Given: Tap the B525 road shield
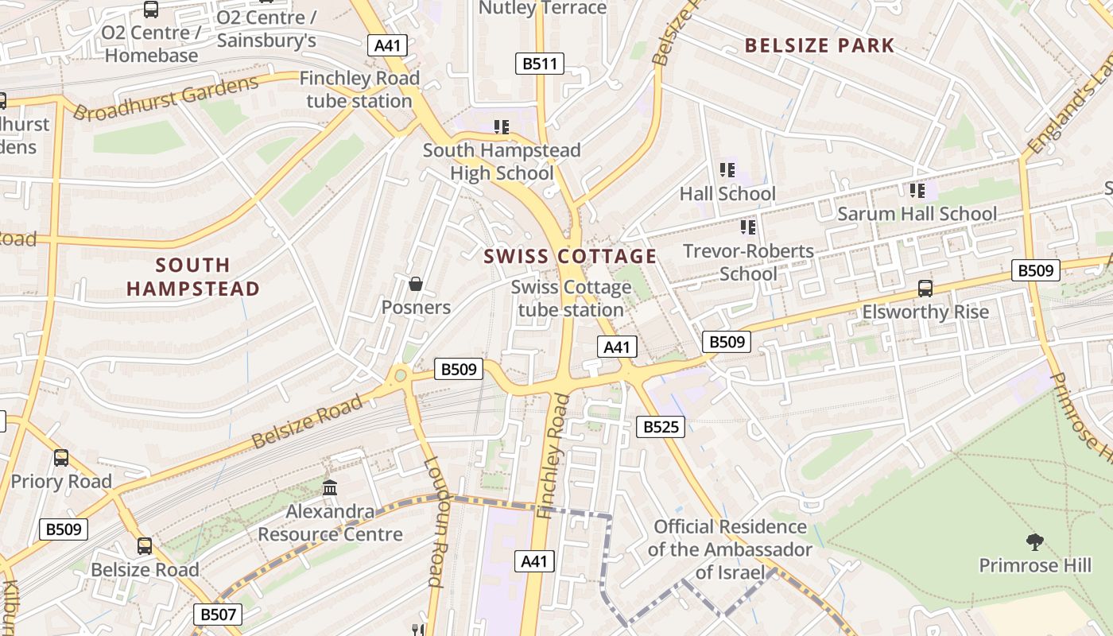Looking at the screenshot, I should pyautogui.click(x=661, y=427).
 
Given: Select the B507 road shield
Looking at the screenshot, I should pyautogui.click(x=217, y=614).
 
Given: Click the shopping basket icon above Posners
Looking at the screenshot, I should pyautogui.click(x=415, y=284).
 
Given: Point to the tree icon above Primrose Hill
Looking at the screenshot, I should pyautogui.click(x=1034, y=542).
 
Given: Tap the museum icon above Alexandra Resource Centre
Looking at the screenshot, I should pyautogui.click(x=329, y=487).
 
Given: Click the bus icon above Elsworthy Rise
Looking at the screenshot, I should pyautogui.click(x=925, y=288).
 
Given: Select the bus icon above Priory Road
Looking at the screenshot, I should pyautogui.click(x=61, y=458).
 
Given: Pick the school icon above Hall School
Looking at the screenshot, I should pyautogui.click(x=727, y=169).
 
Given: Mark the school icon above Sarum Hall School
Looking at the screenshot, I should pyautogui.click(x=917, y=190).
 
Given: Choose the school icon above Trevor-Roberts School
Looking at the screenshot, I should pyautogui.click(x=747, y=227).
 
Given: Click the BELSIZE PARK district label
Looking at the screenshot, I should pyautogui.click(x=820, y=45).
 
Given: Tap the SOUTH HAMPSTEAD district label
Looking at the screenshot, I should pyautogui.click(x=193, y=277).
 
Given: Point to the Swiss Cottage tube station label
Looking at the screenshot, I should pyautogui.click(x=571, y=298).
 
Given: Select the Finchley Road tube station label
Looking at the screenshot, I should pyautogui.click(x=359, y=90).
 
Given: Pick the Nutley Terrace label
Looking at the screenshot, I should pyautogui.click(x=542, y=9).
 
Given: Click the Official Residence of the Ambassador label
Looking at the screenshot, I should pyautogui.click(x=730, y=549).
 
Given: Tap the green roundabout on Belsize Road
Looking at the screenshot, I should pyautogui.click(x=400, y=376).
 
